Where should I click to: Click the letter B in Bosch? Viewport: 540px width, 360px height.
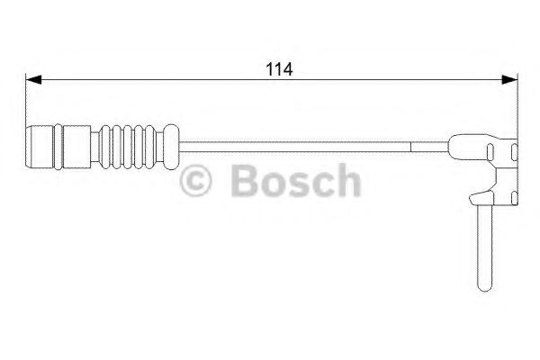[x=241, y=182]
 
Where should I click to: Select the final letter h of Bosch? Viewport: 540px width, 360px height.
[x=346, y=182]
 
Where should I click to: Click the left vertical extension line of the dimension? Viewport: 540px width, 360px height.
[x=25, y=108]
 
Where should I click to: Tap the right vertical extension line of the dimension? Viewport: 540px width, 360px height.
[x=516, y=108]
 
